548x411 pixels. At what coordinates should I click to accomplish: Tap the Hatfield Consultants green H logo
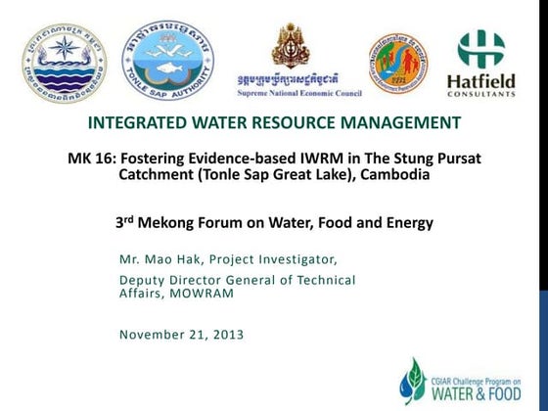481,50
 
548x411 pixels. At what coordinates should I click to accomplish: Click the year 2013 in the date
225,335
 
